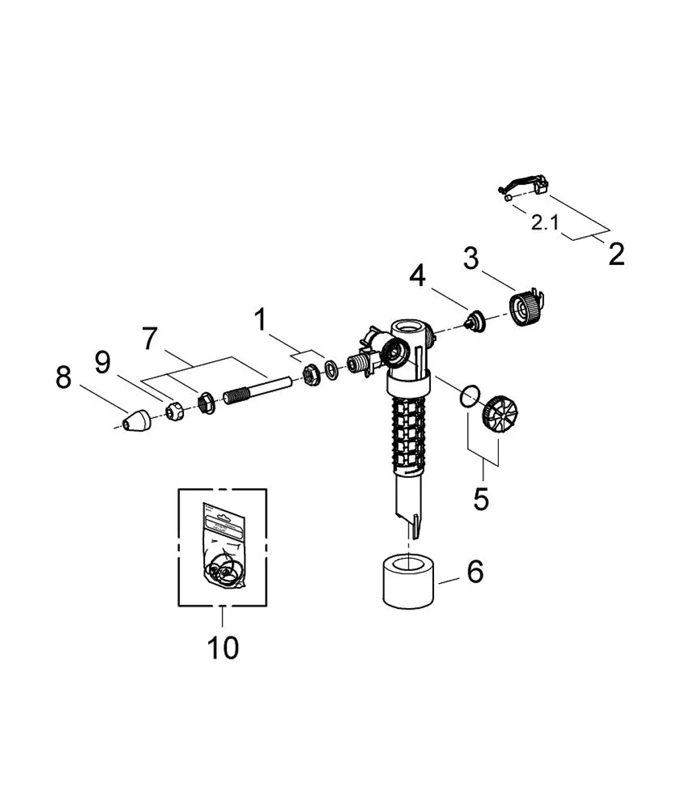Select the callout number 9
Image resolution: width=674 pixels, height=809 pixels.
click(x=102, y=363)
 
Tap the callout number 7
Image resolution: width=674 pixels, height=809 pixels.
click(x=150, y=338)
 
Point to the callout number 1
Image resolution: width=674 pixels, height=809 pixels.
click(x=261, y=320)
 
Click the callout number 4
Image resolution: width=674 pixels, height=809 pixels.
click(x=418, y=276)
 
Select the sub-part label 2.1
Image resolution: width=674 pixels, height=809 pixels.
click(x=545, y=223)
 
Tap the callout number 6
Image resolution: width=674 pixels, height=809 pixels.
click(x=475, y=571)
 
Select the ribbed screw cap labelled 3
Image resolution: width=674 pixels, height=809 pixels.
click(x=526, y=308)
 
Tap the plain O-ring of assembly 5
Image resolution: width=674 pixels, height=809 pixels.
click(x=470, y=396)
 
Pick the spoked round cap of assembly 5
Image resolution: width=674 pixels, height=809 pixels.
click(x=499, y=414)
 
